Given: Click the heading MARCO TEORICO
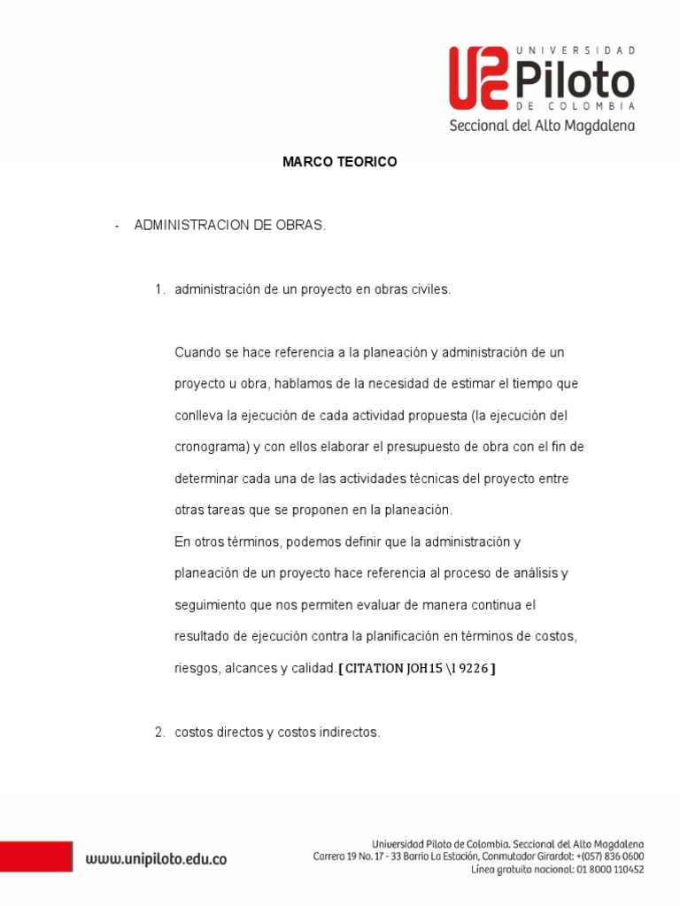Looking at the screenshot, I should coord(340,162).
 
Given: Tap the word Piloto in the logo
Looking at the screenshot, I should coord(576,82).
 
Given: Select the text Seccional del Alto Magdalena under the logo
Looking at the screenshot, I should coord(542,126).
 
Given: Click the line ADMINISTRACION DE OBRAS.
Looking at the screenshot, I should coord(230,226).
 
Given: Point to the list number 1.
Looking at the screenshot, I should coord(159,289).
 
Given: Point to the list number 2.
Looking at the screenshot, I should coord(159,732).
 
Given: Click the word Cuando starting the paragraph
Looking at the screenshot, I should coord(197,352).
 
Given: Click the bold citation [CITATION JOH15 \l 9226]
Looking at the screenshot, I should coord(417,669).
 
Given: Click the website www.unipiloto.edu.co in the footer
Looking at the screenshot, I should coord(156,858).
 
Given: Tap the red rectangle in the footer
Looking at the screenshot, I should coord(35,856).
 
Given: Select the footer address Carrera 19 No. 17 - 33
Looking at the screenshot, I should coord(363,856).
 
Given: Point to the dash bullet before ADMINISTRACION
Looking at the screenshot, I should coord(116,226).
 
